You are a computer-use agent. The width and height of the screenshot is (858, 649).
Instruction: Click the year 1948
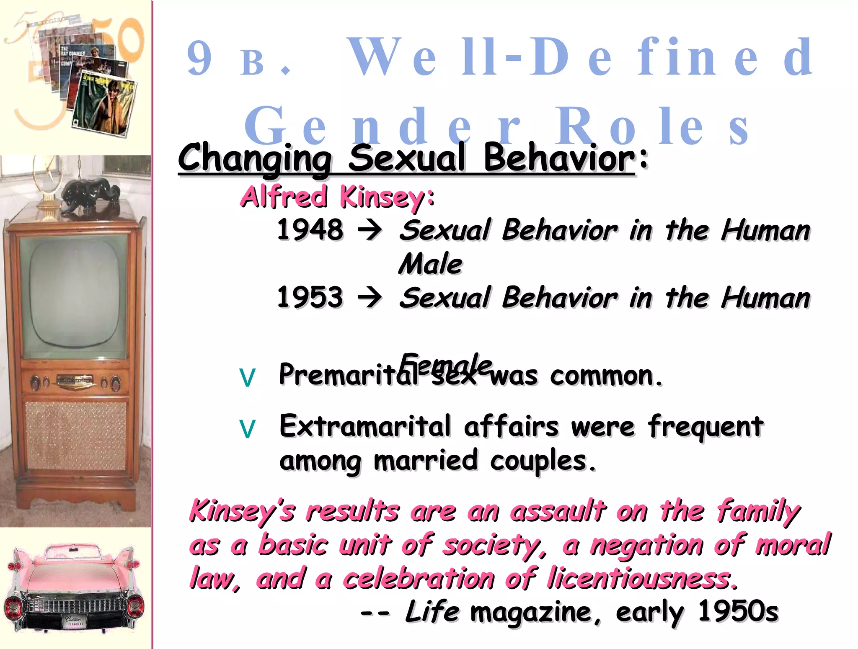tap(310, 230)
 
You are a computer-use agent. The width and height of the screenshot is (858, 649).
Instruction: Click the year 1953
tap(310, 297)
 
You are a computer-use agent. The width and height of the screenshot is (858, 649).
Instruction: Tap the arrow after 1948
tap(370, 230)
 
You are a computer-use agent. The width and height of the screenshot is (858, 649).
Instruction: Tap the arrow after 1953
tap(370, 297)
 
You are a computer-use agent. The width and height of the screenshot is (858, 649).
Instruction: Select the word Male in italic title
tap(430, 264)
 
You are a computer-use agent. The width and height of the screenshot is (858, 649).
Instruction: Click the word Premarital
tap(348, 375)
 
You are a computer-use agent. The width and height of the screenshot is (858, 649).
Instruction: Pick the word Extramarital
tap(364, 426)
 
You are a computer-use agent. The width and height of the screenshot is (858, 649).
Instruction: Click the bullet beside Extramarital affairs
tap(247, 429)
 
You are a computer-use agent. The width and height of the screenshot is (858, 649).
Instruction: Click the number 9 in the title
tap(199, 59)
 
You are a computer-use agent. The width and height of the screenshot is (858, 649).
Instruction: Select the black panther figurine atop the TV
tap(90, 194)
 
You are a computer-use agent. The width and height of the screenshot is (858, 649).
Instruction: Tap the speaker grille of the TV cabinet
tap(75, 435)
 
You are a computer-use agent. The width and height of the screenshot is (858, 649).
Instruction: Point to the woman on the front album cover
tap(113, 103)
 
